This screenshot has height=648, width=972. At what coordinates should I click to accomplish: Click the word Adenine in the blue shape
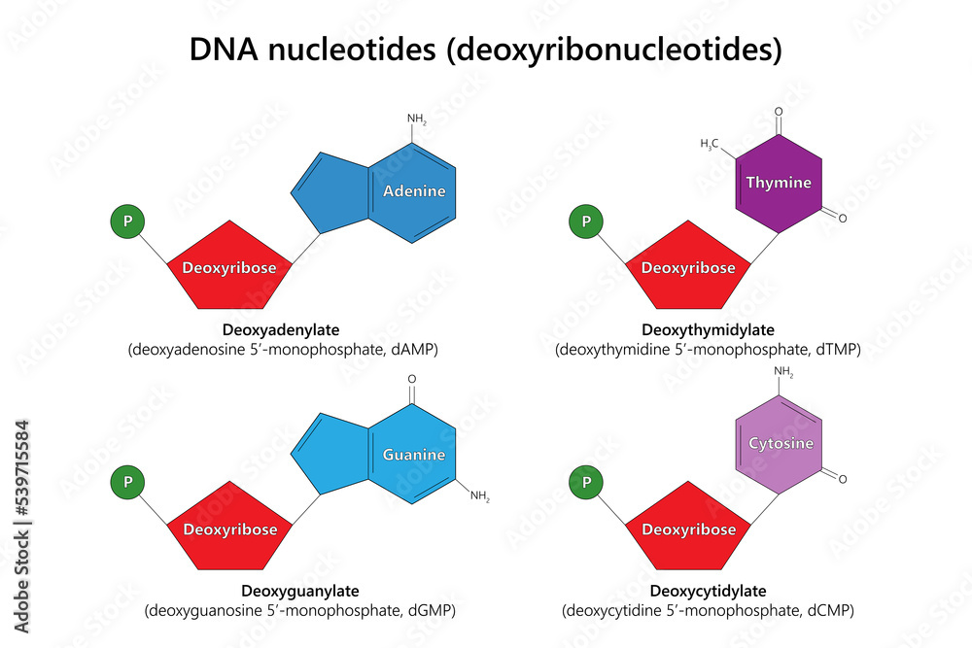pos(414,190)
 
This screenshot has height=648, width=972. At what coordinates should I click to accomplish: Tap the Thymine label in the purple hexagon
pos(779,182)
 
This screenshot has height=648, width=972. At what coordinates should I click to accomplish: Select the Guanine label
pos(414,455)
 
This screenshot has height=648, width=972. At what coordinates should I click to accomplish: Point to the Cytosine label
pos(781,444)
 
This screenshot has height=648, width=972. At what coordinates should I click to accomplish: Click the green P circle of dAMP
pos(127,222)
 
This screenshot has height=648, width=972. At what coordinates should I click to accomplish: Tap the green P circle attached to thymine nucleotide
pos(586,222)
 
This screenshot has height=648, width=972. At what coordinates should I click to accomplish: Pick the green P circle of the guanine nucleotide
pos(127,482)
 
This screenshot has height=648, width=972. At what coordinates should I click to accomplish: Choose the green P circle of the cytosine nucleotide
pos(586,482)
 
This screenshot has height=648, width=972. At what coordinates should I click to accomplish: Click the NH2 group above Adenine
pos(417,119)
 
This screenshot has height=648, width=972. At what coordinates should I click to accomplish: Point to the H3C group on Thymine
pos(710,145)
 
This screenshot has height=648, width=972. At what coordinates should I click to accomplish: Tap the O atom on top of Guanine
pos(411,379)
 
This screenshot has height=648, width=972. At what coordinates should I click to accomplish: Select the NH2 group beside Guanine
pos(480,496)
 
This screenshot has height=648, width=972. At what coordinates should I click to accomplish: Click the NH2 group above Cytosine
pos(783,372)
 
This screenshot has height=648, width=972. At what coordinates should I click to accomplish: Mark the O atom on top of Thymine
pos(779,112)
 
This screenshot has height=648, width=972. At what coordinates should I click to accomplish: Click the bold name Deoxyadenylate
pos(281,329)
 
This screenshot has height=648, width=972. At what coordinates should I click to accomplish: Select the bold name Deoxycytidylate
pos(708,591)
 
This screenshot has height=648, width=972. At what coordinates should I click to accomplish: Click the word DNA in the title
pos(224,50)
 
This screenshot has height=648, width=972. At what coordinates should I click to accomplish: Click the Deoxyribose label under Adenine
pos(229,268)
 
